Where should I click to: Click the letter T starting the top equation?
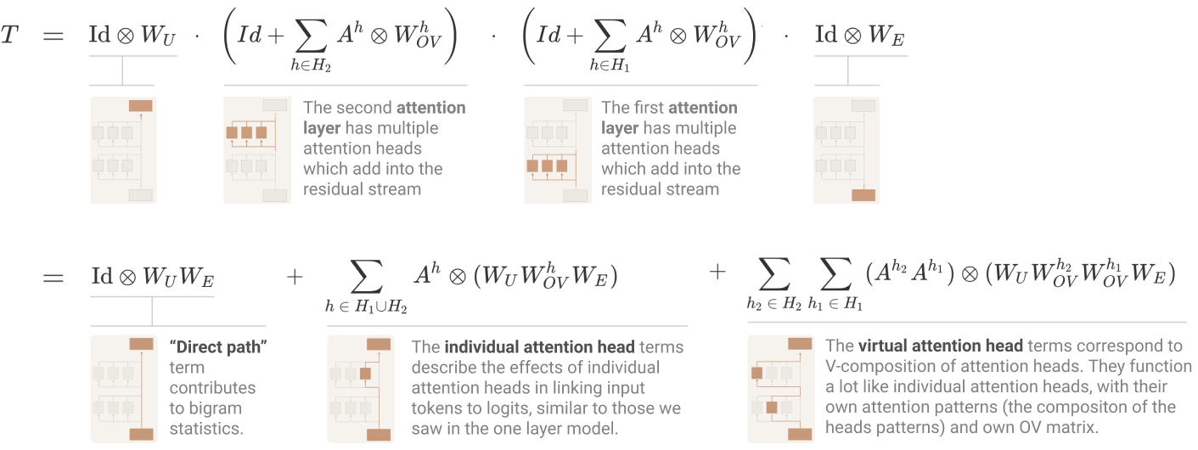point(9,35)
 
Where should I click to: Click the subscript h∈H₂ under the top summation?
point(311,65)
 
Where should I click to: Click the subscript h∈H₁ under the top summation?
point(610,65)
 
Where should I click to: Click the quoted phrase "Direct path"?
point(218,346)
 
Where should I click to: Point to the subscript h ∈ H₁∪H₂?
point(366,306)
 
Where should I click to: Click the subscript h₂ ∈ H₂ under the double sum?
point(774,304)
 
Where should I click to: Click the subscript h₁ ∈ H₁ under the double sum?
point(835,304)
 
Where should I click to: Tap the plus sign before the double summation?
point(717,272)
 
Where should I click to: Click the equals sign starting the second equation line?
point(53,278)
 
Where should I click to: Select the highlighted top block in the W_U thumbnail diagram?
point(141,105)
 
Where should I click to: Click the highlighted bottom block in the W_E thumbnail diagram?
point(863,194)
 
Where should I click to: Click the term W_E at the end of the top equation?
point(886,36)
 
